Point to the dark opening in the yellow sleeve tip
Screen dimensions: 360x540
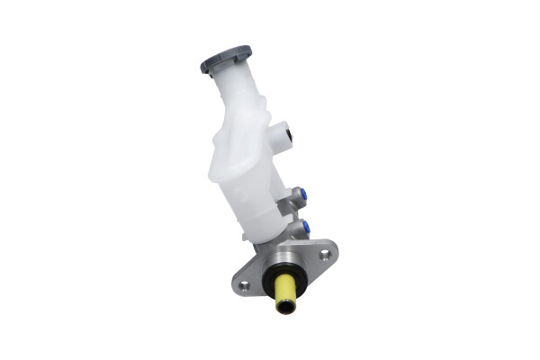coord(286,309)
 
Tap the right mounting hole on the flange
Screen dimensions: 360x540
coord(325,255)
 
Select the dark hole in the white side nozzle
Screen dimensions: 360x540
coord(288,137)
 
